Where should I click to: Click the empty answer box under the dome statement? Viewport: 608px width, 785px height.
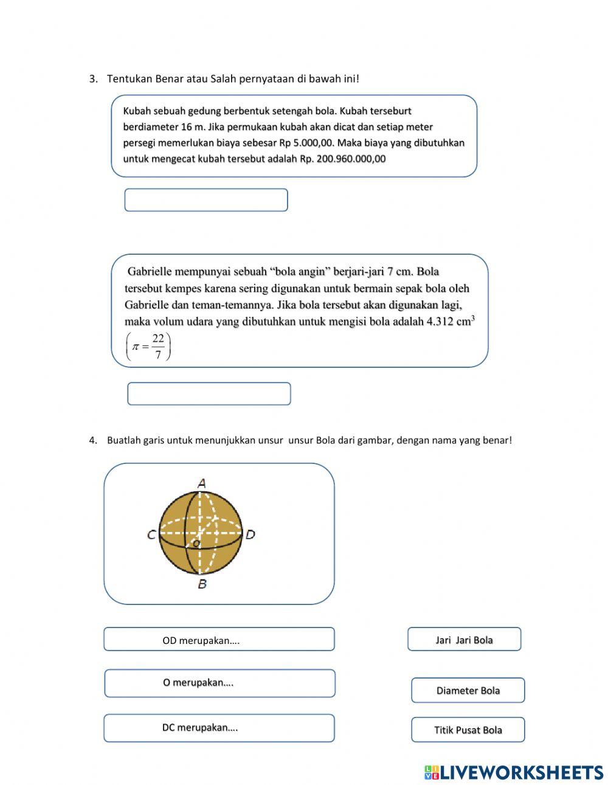click(x=206, y=200)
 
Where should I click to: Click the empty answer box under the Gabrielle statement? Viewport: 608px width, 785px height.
click(x=209, y=393)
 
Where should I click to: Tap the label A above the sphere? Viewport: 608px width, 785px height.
click(x=202, y=483)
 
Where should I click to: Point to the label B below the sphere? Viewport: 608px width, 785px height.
click(x=202, y=584)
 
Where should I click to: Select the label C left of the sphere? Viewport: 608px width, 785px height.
click(x=151, y=535)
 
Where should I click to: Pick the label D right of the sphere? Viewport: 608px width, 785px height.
click(x=250, y=535)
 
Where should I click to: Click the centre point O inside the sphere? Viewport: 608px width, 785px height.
click(x=196, y=542)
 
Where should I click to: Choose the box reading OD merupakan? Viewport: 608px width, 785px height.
click(x=219, y=640)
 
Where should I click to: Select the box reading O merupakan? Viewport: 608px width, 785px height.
click(x=219, y=683)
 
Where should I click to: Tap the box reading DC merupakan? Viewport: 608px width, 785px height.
click(x=219, y=728)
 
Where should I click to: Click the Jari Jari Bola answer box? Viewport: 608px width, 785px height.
click(x=464, y=640)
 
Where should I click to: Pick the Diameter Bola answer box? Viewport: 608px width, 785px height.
click(x=468, y=690)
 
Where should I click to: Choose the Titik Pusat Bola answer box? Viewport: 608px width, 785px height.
click(x=468, y=730)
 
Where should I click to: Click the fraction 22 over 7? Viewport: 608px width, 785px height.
click(x=158, y=347)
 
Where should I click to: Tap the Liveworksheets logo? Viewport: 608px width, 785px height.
click(x=513, y=772)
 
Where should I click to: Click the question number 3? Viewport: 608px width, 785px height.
click(x=93, y=78)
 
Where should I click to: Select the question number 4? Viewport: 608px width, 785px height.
click(x=93, y=440)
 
